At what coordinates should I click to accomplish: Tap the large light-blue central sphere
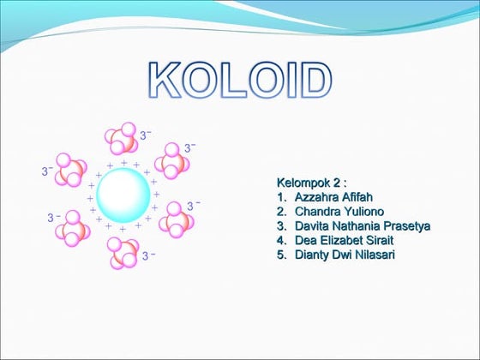(x=123, y=195)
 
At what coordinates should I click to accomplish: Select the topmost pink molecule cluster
(x=121, y=139)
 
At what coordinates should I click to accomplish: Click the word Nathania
(x=359, y=226)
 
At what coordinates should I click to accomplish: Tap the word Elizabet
(x=345, y=241)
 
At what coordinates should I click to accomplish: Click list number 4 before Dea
(x=280, y=241)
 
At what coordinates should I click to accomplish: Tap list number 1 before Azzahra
(x=280, y=197)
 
